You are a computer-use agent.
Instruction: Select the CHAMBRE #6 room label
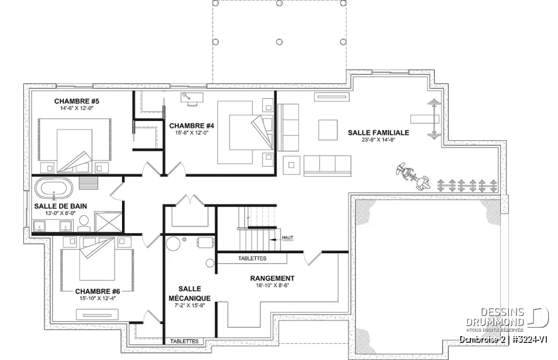[97, 291]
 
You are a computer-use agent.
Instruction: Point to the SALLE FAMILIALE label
[378, 133]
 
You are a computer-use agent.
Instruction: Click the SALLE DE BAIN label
[60, 206]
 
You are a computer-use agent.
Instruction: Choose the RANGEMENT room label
[272, 278]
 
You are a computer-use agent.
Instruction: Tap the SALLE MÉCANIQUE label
[189, 293]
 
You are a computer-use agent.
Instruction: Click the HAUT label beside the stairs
[288, 237]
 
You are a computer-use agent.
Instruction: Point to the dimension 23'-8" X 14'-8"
[378, 140]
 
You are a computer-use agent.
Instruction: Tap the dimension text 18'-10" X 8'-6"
[272, 286]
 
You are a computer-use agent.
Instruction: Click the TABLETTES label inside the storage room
[252, 259]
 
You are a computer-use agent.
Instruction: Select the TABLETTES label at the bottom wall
[184, 341]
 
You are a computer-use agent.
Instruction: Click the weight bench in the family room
[424, 119]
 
